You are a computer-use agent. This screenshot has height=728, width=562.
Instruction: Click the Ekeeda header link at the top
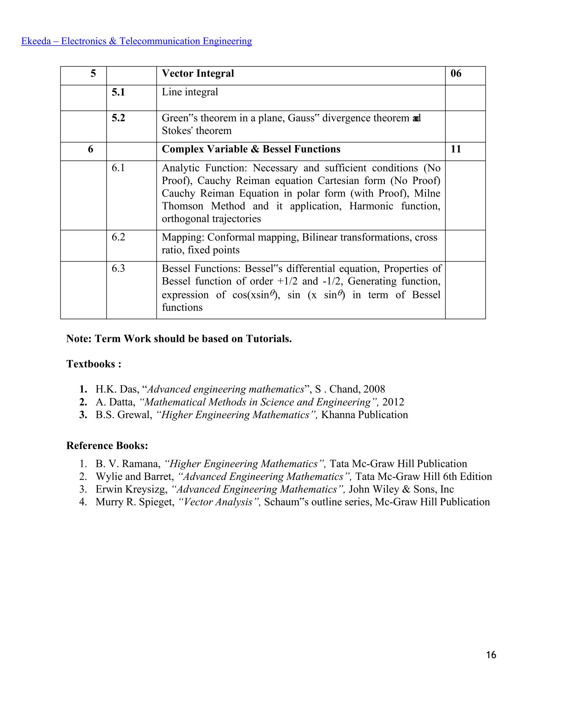[x=136, y=41]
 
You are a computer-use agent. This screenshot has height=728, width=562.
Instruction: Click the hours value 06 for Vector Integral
[x=456, y=73]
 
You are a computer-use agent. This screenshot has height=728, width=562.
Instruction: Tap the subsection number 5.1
[x=118, y=92]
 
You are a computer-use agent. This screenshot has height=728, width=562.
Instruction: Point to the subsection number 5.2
[x=118, y=118]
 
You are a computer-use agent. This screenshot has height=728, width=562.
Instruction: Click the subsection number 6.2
[x=118, y=237]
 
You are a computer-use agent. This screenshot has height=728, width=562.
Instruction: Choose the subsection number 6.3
[x=118, y=268]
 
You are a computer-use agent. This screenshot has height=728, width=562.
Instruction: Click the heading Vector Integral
[x=198, y=73]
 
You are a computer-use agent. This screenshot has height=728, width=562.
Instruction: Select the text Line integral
[x=190, y=92]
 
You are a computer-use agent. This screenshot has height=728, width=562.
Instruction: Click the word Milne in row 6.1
[x=427, y=193]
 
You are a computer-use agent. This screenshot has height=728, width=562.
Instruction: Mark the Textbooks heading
[x=94, y=364]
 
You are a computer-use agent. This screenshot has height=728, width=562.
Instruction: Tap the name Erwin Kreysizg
[x=131, y=489]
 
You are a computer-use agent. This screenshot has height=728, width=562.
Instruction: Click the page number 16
[x=491, y=655]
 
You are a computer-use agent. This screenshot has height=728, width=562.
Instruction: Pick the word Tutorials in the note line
[x=268, y=339]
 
